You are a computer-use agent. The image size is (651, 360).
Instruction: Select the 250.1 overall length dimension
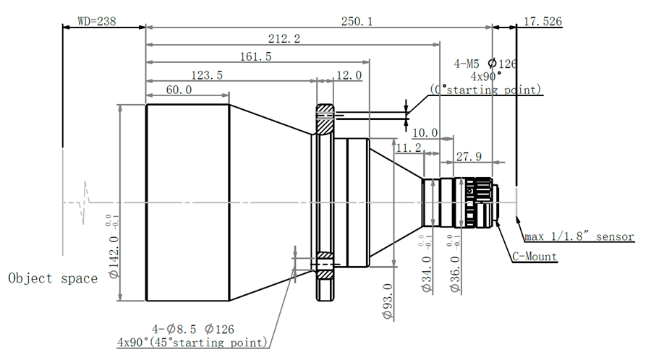357,22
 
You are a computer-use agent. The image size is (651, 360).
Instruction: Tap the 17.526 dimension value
542,22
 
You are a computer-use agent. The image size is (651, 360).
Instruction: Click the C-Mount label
535,256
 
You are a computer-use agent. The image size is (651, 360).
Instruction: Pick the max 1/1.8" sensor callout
579,236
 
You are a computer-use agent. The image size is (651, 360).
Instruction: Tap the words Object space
53,278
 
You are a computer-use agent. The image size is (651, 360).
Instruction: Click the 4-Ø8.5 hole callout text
177,329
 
